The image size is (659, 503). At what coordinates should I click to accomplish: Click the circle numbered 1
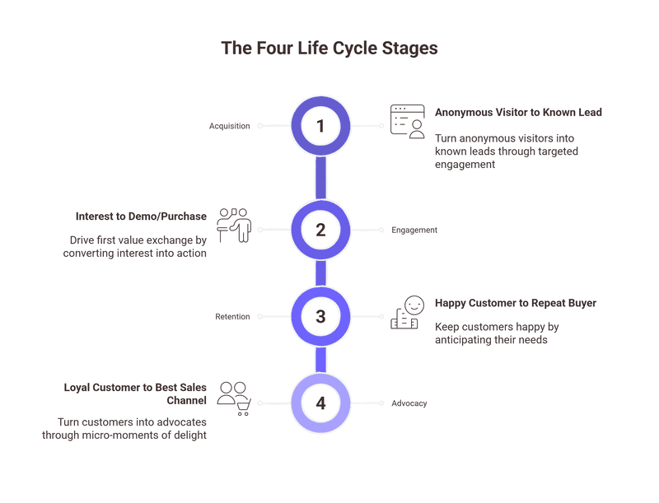click(x=321, y=126)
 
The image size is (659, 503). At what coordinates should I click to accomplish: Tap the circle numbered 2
click(x=321, y=230)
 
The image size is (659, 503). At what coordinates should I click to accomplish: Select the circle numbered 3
click(x=321, y=316)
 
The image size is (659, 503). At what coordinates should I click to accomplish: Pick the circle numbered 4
click(x=321, y=403)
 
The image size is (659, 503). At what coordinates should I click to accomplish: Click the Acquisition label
click(x=229, y=126)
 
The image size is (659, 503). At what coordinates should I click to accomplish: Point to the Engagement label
click(x=414, y=230)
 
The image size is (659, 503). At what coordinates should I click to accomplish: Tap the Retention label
click(x=232, y=316)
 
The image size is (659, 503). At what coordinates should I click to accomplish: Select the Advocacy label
click(x=409, y=403)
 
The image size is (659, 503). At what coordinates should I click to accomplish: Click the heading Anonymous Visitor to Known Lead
click(x=518, y=112)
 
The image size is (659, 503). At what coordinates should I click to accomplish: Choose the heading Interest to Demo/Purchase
click(x=141, y=217)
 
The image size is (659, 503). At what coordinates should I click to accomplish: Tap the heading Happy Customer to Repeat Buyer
click(x=515, y=303)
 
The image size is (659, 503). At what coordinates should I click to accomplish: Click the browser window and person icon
click(x=408, y=122)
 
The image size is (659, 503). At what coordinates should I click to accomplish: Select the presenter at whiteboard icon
click(x=233, y=224)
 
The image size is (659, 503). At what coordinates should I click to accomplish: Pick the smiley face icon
click(x=408, y=313)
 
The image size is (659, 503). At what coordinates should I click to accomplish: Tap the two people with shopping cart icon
click(x=233, y=398)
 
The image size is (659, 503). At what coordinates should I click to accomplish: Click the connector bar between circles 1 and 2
click(x=321, y=178)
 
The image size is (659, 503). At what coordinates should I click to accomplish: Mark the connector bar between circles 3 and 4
click(x=321, y=360)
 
